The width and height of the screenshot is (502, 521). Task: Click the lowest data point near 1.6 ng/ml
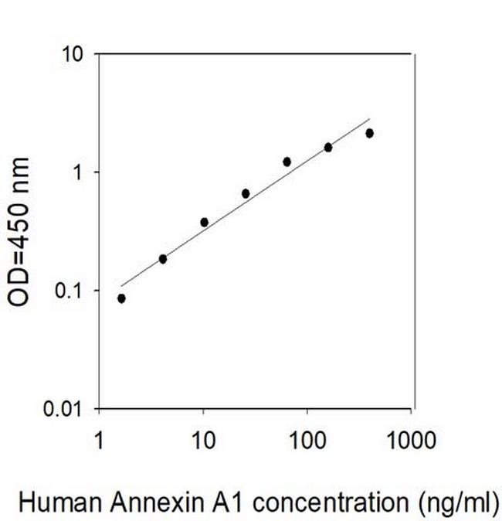pyautogui.click(x=121, y=298)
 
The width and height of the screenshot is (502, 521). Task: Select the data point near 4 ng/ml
pyautogui.click(x=163, y=259)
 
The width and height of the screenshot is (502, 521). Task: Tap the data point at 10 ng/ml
pyautogui.click(x=204, y=223)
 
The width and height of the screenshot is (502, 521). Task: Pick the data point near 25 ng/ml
pyautogui.click(x=246, y=193)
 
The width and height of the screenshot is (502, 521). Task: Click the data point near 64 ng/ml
pyautogui.click(x=287, y=162)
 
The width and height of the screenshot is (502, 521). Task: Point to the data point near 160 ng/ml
pyautogui.click(x=328, y=147)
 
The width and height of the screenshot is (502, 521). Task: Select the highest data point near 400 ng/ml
pyautogui.click(x=369, y=133)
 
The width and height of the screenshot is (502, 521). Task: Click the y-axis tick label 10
pyautogui.click(x=73, y=55)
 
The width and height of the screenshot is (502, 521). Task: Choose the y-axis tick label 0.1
pyautogui.click(x=70, y=291)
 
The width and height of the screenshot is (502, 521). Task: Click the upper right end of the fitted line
pyautogui.click(x=370, y=120)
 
